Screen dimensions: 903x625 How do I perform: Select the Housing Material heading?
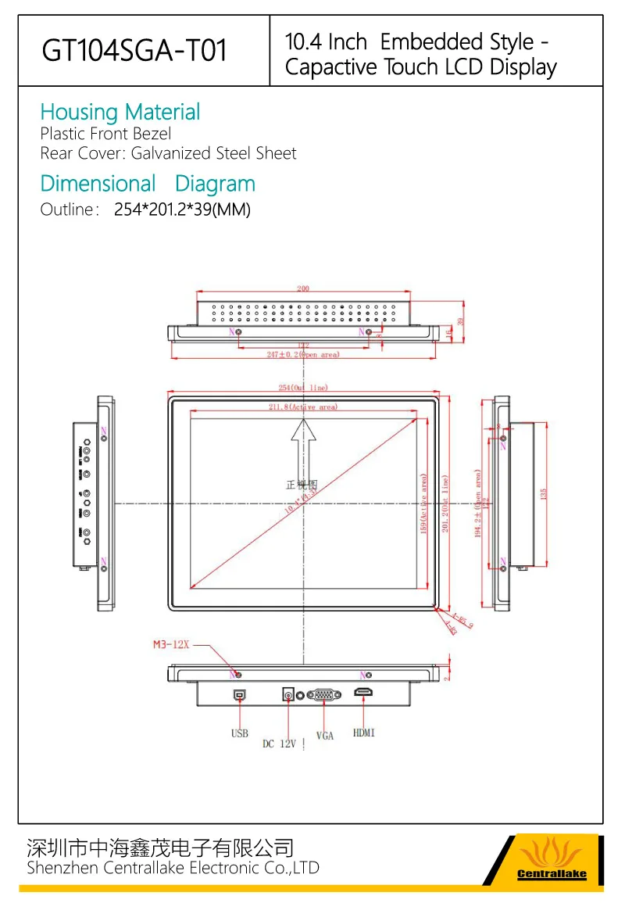click(120, 113)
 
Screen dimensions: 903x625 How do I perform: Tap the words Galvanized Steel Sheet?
click(213, 153)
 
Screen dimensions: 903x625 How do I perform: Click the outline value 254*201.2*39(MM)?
click(182, 210)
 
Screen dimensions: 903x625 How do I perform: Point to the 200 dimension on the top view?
click(303, 288)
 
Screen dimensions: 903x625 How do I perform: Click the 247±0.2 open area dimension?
click(302, 355)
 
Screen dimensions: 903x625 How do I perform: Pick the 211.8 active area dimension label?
click(302, 407)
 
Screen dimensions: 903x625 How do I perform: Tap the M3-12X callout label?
click(171, 645)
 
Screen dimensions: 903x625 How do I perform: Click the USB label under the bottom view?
click(239, 733)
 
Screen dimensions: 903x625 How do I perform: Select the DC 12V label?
click(279, 744)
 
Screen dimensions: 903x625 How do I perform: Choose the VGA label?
click(325, 736)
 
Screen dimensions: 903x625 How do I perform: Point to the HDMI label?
click(364, 733)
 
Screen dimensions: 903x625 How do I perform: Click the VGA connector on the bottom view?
click(323, 694)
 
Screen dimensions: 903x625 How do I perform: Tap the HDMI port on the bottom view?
click(364, 693)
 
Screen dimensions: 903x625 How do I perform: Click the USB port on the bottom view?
click(238, 693)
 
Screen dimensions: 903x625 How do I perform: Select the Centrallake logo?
click(552, 860)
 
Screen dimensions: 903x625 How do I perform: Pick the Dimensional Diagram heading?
click(148, 185)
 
